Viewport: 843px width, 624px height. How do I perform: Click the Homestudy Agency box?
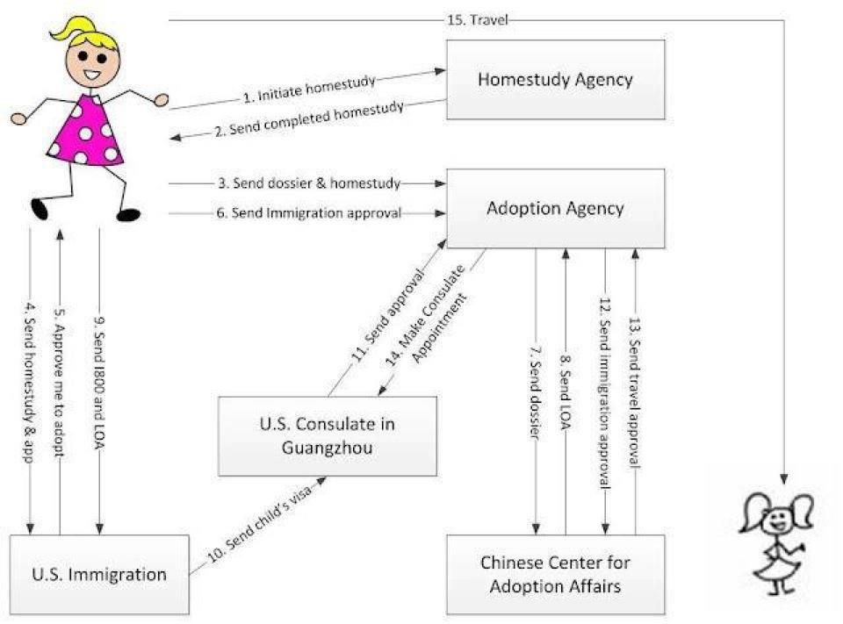coord(555,80)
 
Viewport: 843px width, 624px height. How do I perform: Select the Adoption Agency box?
coord(555,209)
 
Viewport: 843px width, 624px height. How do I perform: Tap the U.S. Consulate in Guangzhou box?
coord(328,436)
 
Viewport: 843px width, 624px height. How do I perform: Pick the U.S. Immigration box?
coord(99,574)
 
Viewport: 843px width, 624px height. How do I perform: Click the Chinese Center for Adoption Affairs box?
coord(555,574)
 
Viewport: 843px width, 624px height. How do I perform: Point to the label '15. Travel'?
coord(478,20)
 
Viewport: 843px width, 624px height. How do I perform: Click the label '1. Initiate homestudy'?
coord(308,89)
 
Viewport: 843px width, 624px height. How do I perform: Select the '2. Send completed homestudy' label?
coord(309,118)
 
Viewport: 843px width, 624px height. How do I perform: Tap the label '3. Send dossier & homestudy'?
coord(309,183)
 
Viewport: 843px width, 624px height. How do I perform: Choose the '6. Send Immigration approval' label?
coord(309,213)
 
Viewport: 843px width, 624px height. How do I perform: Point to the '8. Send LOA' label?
coord(565,391)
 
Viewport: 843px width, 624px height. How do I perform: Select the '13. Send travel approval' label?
coord(635,392)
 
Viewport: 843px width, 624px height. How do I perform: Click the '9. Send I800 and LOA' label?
coord(99,384)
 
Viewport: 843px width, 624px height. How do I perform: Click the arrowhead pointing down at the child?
coord(784,478)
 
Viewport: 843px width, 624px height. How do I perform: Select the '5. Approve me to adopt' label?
coord(60,384)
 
